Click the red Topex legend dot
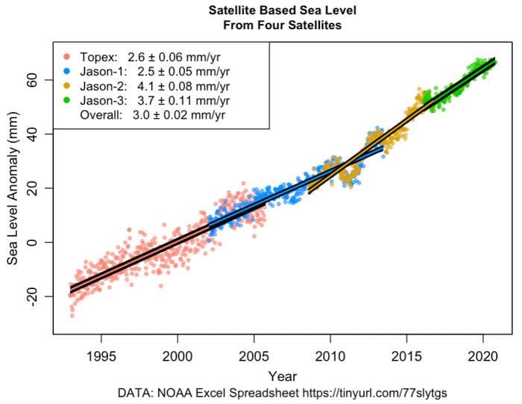[66, 56]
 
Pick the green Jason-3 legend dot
[66, 100]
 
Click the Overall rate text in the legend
[153, 115]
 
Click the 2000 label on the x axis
[177, 355]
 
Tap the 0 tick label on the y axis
[35, 242]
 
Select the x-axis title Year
[282, 376]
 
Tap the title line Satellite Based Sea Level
[282, 11]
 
